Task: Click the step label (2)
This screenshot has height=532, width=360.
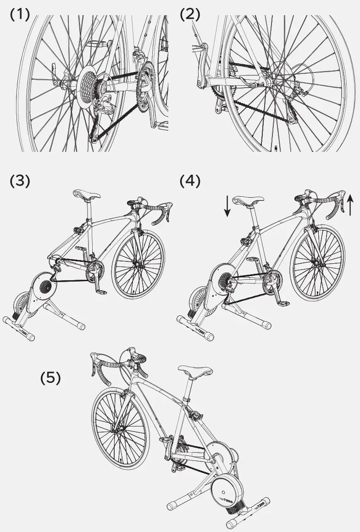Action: click(x=190, y=15)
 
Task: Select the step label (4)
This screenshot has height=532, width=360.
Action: click(x=190, y=181)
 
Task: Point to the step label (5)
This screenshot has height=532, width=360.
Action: click(x=50, y=378)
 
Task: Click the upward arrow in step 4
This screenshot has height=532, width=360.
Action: click(x=350, y=205)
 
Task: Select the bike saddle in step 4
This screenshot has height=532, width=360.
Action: click(x=248, y=200)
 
